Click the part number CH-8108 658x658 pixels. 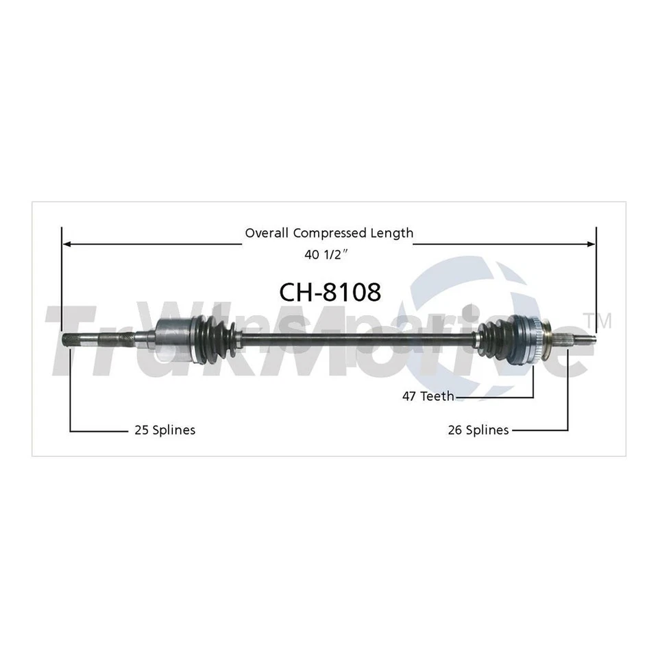click(x=329, y=292)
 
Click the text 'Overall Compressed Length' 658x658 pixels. click(x=329, y=233)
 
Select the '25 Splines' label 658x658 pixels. click(x=164, y=430)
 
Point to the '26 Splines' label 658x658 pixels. click(x=477, y=430)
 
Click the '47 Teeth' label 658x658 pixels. click(x=427, y=396)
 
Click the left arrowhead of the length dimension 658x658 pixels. click(x=66, y=243)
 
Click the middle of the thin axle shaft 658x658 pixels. click(x=356, y=336)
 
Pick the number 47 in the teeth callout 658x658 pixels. click(x=409, y=396)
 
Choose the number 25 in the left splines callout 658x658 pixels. click(x=140, y=430)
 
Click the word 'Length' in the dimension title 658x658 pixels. click(x=393, y=233)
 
